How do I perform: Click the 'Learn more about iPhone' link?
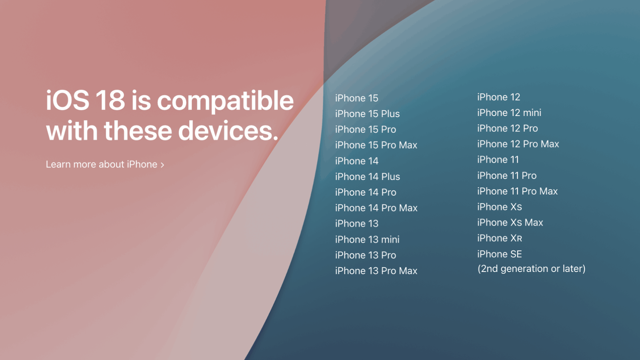(105, 164)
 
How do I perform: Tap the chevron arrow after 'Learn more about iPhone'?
(162, 165)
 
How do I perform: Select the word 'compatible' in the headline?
(225, 102)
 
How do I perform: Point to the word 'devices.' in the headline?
(228, 130)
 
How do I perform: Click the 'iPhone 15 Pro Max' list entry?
(376, 145)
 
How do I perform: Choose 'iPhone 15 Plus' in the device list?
(368, 114)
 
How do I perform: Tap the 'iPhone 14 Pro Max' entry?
(376, 208)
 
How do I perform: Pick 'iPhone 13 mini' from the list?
(367, 239)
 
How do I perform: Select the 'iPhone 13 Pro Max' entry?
(376, 270)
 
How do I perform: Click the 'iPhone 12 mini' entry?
(509, 112)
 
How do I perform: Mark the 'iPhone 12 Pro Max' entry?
(518, 144)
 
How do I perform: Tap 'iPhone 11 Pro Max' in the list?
(518, 191)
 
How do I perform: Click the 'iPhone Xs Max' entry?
(510, 222)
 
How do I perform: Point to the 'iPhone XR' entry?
(500, 238)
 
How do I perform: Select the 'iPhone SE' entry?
(500, 254)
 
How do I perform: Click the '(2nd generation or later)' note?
(532, 268)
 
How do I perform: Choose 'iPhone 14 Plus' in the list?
(368, 176)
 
